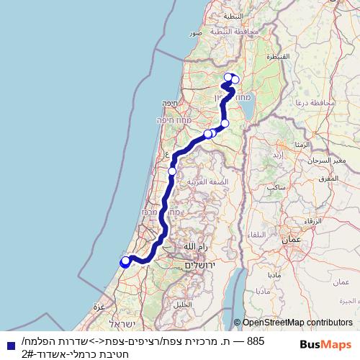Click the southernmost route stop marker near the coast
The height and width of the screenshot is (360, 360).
(125, 262)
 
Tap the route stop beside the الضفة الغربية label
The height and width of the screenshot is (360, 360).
(172, 171)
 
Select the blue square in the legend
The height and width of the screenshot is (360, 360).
(6, 344)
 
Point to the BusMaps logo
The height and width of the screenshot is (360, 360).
(323, 344)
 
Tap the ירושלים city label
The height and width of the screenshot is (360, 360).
(202, 265)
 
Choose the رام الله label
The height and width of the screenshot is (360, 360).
(195, 247)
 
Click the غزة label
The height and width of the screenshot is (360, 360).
(99, 306)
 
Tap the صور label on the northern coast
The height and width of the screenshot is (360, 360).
(195, 33)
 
